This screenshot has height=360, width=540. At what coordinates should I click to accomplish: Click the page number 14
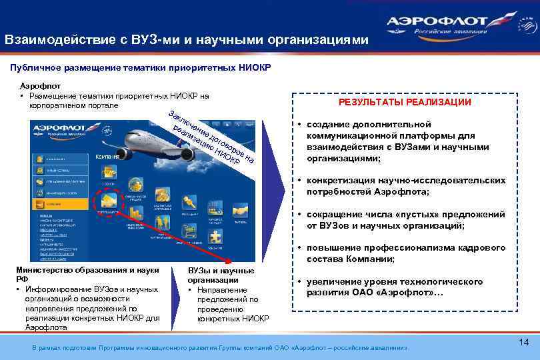click(x=523, y=341)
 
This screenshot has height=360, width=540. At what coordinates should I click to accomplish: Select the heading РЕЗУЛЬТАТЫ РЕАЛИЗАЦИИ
click(x=405, y=102)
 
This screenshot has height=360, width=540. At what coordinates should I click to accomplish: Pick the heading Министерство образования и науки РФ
click(x=87, y=275)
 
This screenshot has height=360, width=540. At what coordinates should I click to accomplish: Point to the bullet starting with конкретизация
click(x=400, y=186)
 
